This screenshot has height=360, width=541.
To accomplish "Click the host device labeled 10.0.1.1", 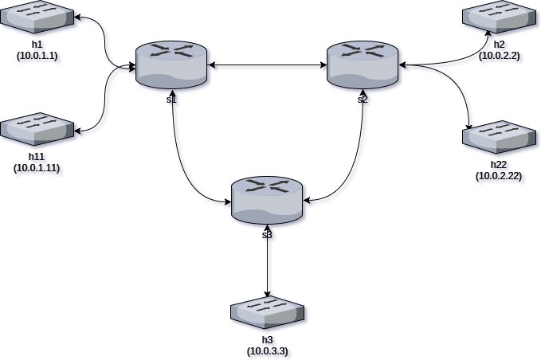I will coord(37,18).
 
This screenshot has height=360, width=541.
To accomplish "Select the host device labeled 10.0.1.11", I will coord(37,130).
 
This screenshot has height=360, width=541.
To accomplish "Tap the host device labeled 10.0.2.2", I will coord(500,16).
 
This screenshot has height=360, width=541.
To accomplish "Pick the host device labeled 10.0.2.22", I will coord(499,137).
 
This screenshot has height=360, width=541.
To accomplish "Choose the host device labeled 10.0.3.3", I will coord(268,313).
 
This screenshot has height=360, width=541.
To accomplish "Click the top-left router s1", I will coord(172,64).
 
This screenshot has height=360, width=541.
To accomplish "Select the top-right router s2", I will coord(363,64).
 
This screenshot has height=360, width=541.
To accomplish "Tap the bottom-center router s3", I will coord(268,199).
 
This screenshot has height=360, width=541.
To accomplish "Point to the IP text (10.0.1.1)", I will coord(39,57).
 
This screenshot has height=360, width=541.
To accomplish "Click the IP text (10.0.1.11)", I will coord(39,169).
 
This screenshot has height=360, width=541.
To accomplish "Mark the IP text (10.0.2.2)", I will coord(501,57).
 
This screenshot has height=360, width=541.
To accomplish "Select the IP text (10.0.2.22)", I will coord(500,177).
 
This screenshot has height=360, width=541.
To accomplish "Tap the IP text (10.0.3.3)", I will coord(269,351).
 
